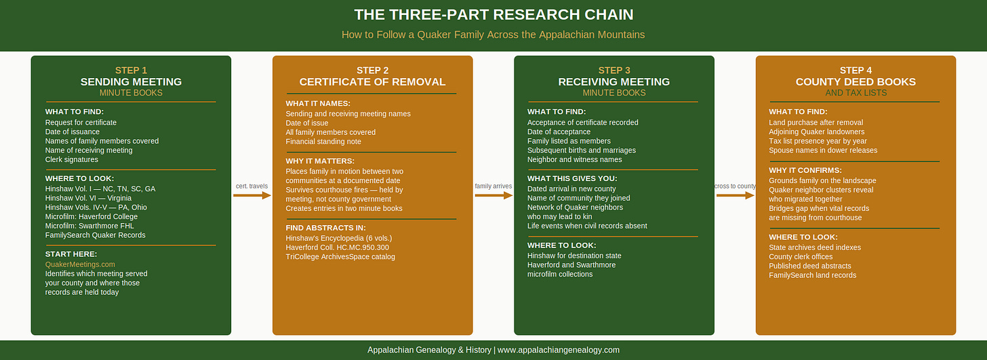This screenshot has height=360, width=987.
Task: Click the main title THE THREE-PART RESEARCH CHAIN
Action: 493,14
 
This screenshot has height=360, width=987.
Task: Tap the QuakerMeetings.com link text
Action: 80,264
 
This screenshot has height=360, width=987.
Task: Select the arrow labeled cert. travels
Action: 252,195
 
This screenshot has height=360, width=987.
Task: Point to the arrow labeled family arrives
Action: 493,195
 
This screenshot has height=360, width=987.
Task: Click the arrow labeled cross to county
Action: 736,195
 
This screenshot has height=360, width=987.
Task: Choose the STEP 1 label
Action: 131,71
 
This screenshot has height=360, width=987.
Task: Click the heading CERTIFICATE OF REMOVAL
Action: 372,82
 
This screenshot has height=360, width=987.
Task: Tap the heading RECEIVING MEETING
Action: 613,82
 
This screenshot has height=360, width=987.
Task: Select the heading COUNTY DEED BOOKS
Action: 855,82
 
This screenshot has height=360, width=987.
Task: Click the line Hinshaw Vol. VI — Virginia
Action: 88,198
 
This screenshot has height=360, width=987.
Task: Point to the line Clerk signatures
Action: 71,159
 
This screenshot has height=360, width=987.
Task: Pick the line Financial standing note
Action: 323,142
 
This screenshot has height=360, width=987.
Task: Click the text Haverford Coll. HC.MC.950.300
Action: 337,247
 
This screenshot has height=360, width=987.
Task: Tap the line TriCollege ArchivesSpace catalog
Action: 340,257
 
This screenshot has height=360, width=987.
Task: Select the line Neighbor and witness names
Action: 575,159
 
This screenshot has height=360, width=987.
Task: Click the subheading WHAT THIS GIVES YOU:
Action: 572,178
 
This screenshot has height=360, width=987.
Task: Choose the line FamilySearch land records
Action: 813,275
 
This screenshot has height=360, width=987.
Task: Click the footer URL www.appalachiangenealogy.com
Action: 559,350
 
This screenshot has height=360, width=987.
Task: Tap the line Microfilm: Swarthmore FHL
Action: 89,226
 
